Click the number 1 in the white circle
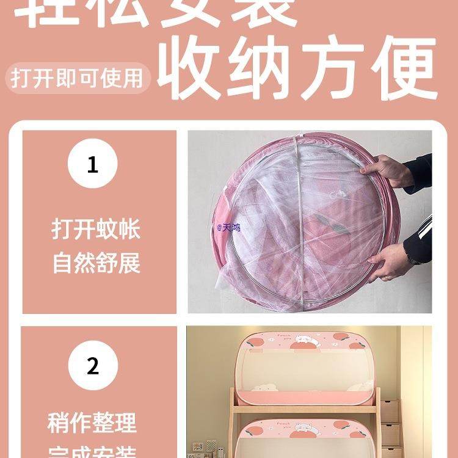coord(92,164)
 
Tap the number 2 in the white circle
coord(92,366)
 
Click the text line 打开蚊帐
coord(96,230)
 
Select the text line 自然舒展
coord(96,263)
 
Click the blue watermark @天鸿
coord(228,227)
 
